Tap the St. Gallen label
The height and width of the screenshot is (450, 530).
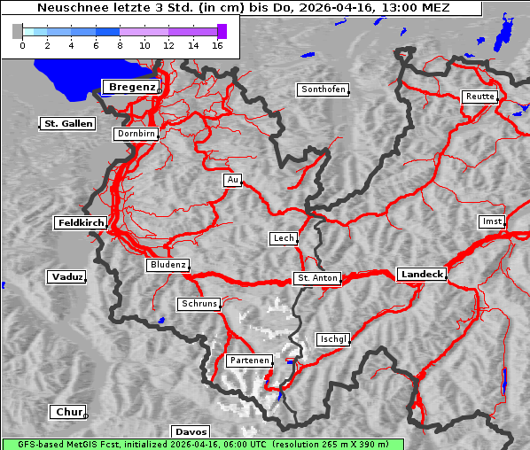[x=67, y=124]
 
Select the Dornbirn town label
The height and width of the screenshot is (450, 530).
[x=136, y=135]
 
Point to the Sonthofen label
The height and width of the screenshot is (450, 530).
[x=323, y=89]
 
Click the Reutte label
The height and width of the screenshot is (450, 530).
[x=479, y=97]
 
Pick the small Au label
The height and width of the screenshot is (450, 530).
[x=232, y=181]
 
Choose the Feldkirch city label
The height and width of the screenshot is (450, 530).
[x=81, y=223]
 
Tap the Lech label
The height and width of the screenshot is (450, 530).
[x=283, y=238]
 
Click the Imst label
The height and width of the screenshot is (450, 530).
[x=490, y=221]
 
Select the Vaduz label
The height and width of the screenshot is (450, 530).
[x=66, y=277]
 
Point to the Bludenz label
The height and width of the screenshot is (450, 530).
[x=168, y=265]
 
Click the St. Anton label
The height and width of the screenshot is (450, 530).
[x=316, y=278]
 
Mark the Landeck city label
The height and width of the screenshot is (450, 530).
[x=422, y=275]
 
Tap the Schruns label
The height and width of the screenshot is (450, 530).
[x=199, y=304]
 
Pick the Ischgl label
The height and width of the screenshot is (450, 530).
[x=333, y=339]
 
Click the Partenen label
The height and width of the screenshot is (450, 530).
[x=248, y=361]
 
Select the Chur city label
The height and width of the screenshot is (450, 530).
[x=67, y=412]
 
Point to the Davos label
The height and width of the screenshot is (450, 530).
[x=191, y=431]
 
